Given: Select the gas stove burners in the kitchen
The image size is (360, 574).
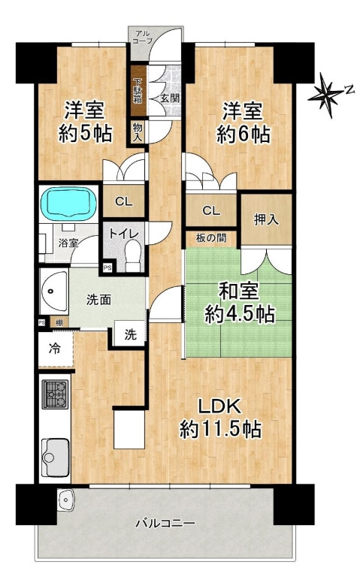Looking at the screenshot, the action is pos(55,394).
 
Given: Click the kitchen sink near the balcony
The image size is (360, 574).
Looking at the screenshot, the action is pos(55,458).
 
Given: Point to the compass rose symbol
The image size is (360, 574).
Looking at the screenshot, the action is pos(326,95).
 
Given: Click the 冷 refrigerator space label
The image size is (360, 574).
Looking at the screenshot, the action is pos(55,349).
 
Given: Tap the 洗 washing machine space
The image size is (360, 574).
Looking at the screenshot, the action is pos(130,334).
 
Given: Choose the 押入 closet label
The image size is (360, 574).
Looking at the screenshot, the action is pos(266,219).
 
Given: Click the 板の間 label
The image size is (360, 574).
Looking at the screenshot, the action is pos(211,238).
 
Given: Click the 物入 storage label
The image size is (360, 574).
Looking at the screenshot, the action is pos(138,131).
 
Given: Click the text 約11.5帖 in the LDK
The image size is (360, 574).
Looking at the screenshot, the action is pos(220,429).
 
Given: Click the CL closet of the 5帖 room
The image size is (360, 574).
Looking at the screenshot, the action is pos(124,201).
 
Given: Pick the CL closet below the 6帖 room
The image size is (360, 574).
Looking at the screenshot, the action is pos(212,210).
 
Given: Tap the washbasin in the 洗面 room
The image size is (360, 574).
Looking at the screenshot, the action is pos(53,292).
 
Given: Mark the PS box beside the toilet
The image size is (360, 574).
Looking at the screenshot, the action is pos(107,268).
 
